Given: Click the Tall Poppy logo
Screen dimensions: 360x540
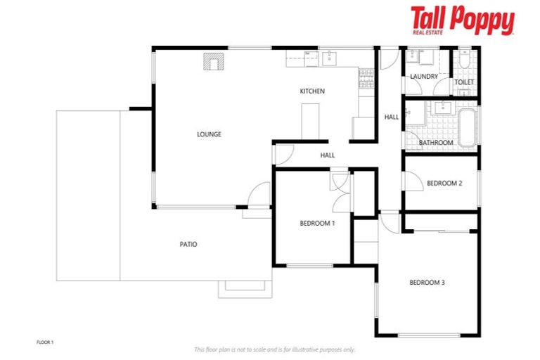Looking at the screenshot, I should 463,20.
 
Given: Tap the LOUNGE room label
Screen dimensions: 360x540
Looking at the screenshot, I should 209,134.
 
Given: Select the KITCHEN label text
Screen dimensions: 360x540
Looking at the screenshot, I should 312,91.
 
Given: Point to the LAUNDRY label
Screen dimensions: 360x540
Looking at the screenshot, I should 424,76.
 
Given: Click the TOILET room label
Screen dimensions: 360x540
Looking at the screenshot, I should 464,82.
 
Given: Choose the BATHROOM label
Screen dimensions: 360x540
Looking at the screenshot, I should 436,143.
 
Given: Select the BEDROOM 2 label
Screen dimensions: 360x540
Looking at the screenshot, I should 444,184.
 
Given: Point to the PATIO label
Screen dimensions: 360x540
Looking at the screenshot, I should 188,245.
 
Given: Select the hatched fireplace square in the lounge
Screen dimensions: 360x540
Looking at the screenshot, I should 212,63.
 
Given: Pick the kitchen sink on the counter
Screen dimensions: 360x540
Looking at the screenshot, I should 330,58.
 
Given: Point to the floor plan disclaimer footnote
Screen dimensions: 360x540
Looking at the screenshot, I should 274,349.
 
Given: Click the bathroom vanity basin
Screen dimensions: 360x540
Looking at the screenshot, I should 443,108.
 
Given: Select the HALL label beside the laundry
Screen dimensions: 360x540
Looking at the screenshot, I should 391,117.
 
